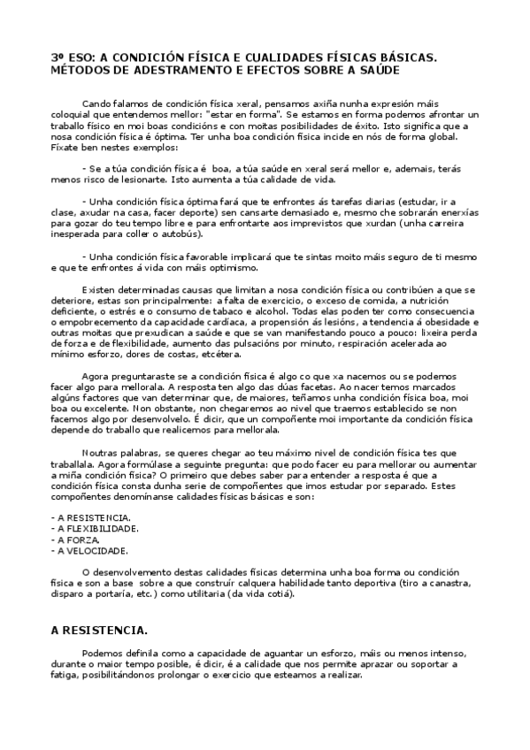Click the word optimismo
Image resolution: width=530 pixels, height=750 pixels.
[x=229, y=267]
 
